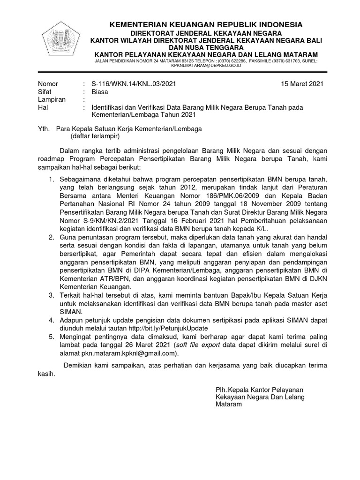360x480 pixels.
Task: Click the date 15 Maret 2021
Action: click(302, 84)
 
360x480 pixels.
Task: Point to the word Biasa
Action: click(100, 92)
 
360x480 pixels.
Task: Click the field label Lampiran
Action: click(52, 99)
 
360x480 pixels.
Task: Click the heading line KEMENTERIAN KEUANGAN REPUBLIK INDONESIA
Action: click(206, 24)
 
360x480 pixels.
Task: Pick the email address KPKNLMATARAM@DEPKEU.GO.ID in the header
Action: click(206, 66)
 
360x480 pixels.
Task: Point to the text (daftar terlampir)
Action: click(95, 136)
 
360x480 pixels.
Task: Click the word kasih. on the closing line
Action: click(46, 374)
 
